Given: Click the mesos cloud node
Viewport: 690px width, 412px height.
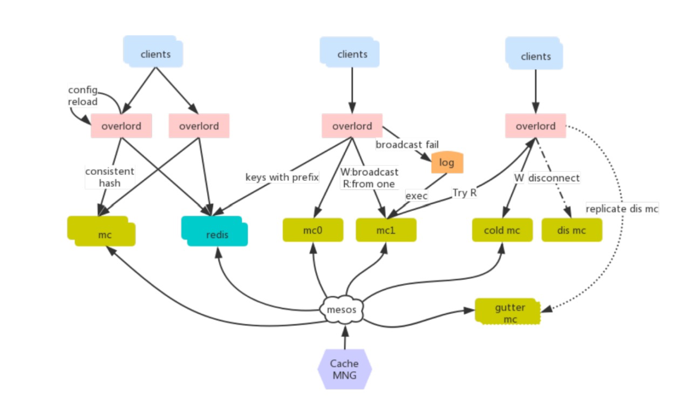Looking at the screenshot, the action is (x=342, y=310).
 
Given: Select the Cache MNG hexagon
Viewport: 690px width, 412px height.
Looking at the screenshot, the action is (x=344, y=369).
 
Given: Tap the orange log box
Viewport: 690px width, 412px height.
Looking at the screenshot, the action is (x=447, y=162).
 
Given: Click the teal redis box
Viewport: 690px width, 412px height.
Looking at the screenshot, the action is (x=215, y=231).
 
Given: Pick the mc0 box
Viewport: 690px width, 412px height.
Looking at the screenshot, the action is (x=313, y=230).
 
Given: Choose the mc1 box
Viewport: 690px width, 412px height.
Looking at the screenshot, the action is (x=386, y=230).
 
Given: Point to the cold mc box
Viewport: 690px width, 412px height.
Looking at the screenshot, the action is (x=502, y=230).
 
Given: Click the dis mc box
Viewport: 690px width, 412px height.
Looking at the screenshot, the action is (x=572, y=230).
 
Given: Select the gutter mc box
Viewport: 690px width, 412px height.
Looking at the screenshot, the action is (x=508, y=311).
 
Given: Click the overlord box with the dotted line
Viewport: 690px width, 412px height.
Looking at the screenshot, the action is (x=536, y=126).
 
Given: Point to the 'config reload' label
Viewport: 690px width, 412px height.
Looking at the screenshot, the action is (x=83, y=95).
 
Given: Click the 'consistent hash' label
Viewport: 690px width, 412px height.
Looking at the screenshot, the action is (x=110, y=177).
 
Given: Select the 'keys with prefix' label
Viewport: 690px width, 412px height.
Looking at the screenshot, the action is (x=282, y=177).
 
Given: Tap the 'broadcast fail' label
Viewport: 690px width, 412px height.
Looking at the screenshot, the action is (x=407, y=145).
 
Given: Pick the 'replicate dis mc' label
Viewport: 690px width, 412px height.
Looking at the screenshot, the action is (x=622, y=209).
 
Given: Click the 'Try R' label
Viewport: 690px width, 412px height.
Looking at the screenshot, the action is (x=464, y=193).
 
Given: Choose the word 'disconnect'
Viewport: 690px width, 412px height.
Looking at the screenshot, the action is (x=554, y=178).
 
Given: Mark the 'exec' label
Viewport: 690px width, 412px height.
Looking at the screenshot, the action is (x=416, y=196).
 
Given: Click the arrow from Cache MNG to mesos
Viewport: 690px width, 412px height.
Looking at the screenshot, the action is (x=345, y=337).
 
